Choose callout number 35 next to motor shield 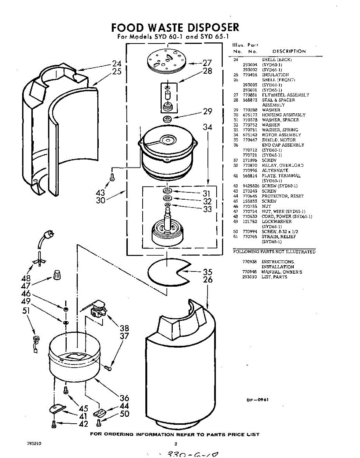pyautogui.click(x=207, y=272)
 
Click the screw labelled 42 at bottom pyautogui.click(x=53, y=423)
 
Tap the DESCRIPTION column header pyautogui.click(x=289, y=52)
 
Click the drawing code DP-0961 pyautogui.click(x=258, y=400)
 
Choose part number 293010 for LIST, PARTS pyautogui.click(x=249, y=277)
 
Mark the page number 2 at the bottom pyautogui.click(x=176, y=444)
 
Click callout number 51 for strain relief pyautogui.click(x=26, y=311)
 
